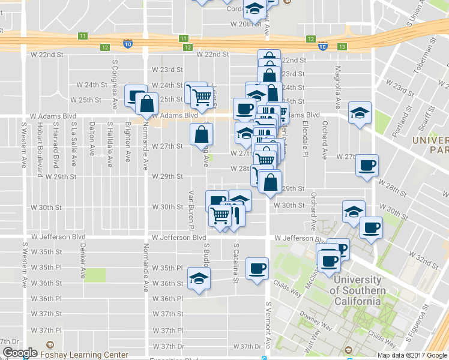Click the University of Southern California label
357,290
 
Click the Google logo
20,353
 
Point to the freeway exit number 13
342,47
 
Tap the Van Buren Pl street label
191,210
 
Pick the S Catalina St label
236,263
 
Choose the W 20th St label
246,24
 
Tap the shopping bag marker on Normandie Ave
146,103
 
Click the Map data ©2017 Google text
412,355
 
